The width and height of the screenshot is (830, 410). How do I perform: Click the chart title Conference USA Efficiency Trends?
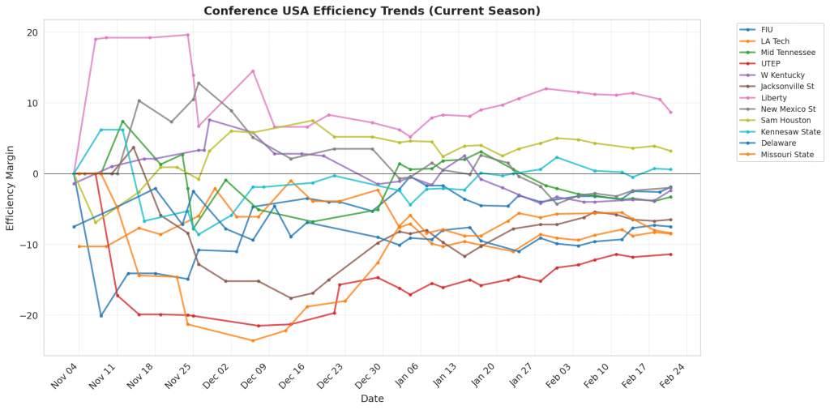click(x=372, y=11)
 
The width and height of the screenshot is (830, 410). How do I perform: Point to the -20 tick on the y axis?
click(x=30, y=315)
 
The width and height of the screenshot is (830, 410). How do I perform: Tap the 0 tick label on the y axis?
click(x=35, y=174)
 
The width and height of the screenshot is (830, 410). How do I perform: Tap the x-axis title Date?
click(x=372, y=399)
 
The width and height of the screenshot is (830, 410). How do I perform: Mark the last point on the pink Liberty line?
click(x=670, y=112)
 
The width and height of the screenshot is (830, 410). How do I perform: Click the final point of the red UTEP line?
click(x=670, y=254)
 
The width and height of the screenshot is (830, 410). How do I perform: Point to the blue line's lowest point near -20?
click(x=101, y=315)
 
